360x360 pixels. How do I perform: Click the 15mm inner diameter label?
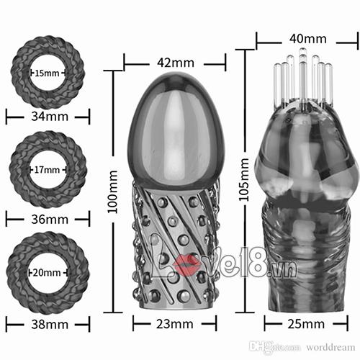(47, 73)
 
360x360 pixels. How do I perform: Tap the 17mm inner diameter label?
(47, 170)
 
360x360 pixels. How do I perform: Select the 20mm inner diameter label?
(47, 273)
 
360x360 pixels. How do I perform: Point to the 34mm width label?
(50, 117)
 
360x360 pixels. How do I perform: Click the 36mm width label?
(50, 220)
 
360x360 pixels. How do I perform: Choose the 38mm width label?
(50, 325)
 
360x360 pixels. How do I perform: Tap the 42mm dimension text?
(176, 63)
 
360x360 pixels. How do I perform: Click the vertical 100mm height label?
(112, 192)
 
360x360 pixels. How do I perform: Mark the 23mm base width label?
(175, 324)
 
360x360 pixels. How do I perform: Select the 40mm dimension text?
(308, 39)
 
